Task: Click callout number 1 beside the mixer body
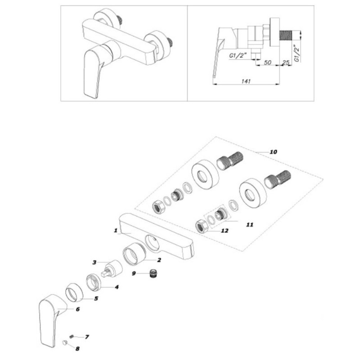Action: click(116, 230)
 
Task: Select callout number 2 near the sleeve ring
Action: click(159, 260)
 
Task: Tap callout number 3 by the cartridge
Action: click(94, 262)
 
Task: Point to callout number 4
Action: click(117, 287)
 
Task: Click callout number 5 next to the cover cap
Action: click(96, 298)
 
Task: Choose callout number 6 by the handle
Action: click(78, 309)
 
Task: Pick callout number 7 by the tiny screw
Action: click(87, 337)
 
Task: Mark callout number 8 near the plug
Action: click(77, 349)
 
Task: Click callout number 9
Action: click(134, 274)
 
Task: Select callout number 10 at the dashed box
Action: click(273, 152)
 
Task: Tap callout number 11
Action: click(249, 225)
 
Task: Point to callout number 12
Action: click(225, 230)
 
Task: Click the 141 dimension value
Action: click(246, 81)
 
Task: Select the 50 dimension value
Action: click(267, 62)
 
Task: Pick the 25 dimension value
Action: click(285, 62)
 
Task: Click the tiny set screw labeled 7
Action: click(71, 336)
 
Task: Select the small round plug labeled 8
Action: click(65, 343)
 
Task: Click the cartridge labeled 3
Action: click(112, 269)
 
